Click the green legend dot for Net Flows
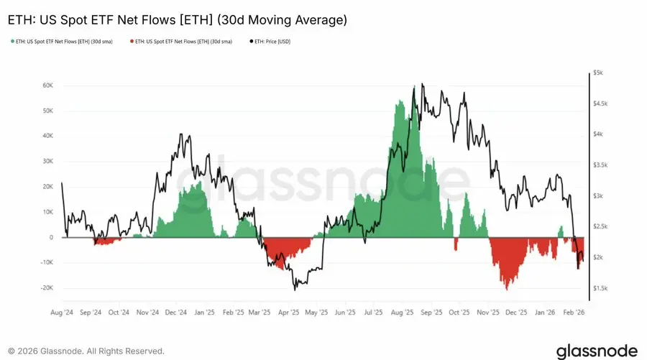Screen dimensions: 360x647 click(x=9, y=42)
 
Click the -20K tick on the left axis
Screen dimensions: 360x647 click(x=47, y=288)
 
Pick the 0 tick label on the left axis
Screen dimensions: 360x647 click(x=52, y=237)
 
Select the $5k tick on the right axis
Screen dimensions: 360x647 click(x=598, y=73)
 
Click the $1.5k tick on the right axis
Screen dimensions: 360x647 click(x=601, y=288)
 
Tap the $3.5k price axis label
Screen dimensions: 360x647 click(x=601, y=165)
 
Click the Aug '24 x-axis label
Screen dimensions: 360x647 click(x=62, y=313)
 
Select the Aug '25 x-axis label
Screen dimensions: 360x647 click(x=400, y=313)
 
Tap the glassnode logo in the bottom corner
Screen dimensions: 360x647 click(x=596, y=351)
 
